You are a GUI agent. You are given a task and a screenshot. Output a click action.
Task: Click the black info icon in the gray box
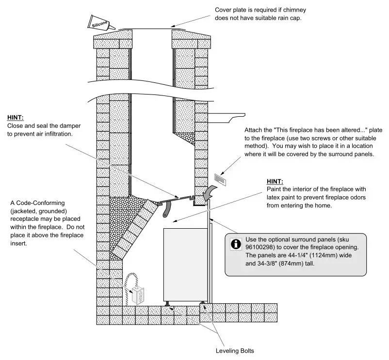point(236,245)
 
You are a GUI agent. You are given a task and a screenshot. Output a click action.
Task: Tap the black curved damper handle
point(167,209)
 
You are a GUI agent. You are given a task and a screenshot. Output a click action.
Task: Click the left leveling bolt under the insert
point(166,304)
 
